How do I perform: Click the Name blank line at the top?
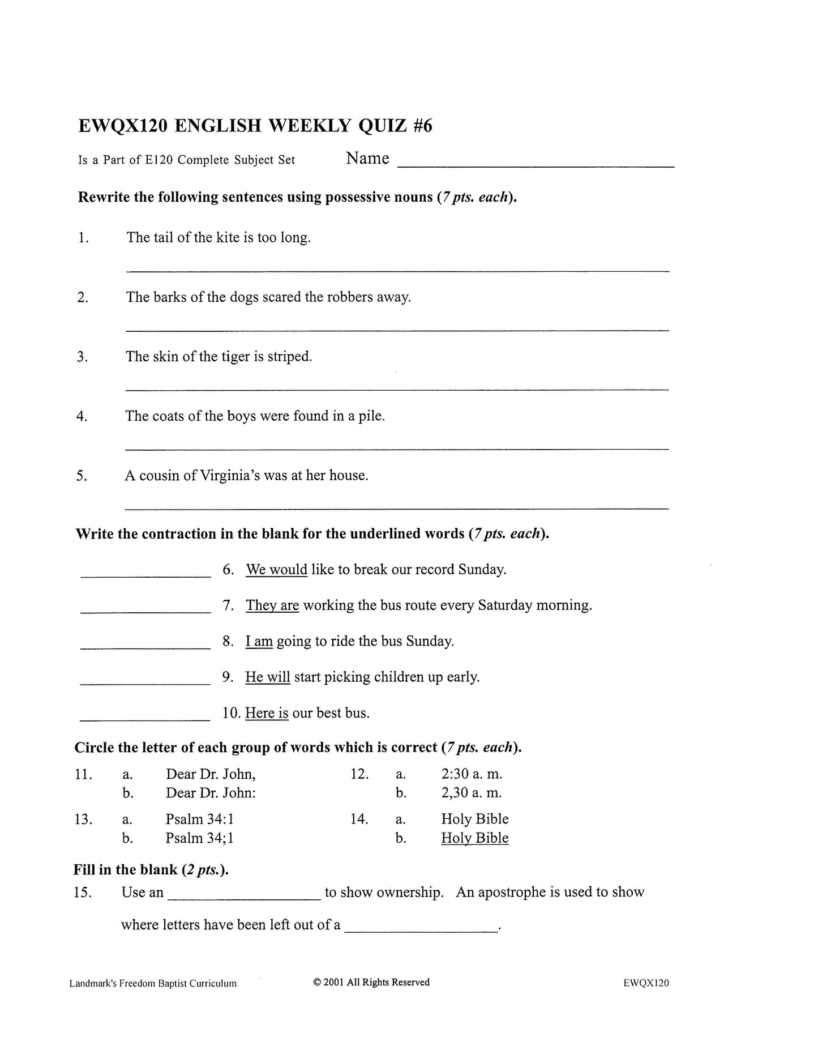pyautogui.click(x=536, y=165)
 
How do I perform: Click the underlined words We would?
pyautogui.click(x=276, y=569)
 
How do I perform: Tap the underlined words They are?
pyautogui.click(x=272, y=605)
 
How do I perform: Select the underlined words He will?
pyautogui.click(x=267, y=677)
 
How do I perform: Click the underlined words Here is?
pyautogui.click(x=267, y=713)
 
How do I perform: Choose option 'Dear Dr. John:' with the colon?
pyautogui.click(x=211, y=793)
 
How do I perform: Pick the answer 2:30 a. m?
pyautogui.click(x=471, y=774)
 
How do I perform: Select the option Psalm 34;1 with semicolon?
pyautogui.click(x=199, y=838)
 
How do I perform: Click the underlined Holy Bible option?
pyautogui.click(x=474, y=838)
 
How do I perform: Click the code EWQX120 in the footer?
pyautogui.click(x=646, y=983)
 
